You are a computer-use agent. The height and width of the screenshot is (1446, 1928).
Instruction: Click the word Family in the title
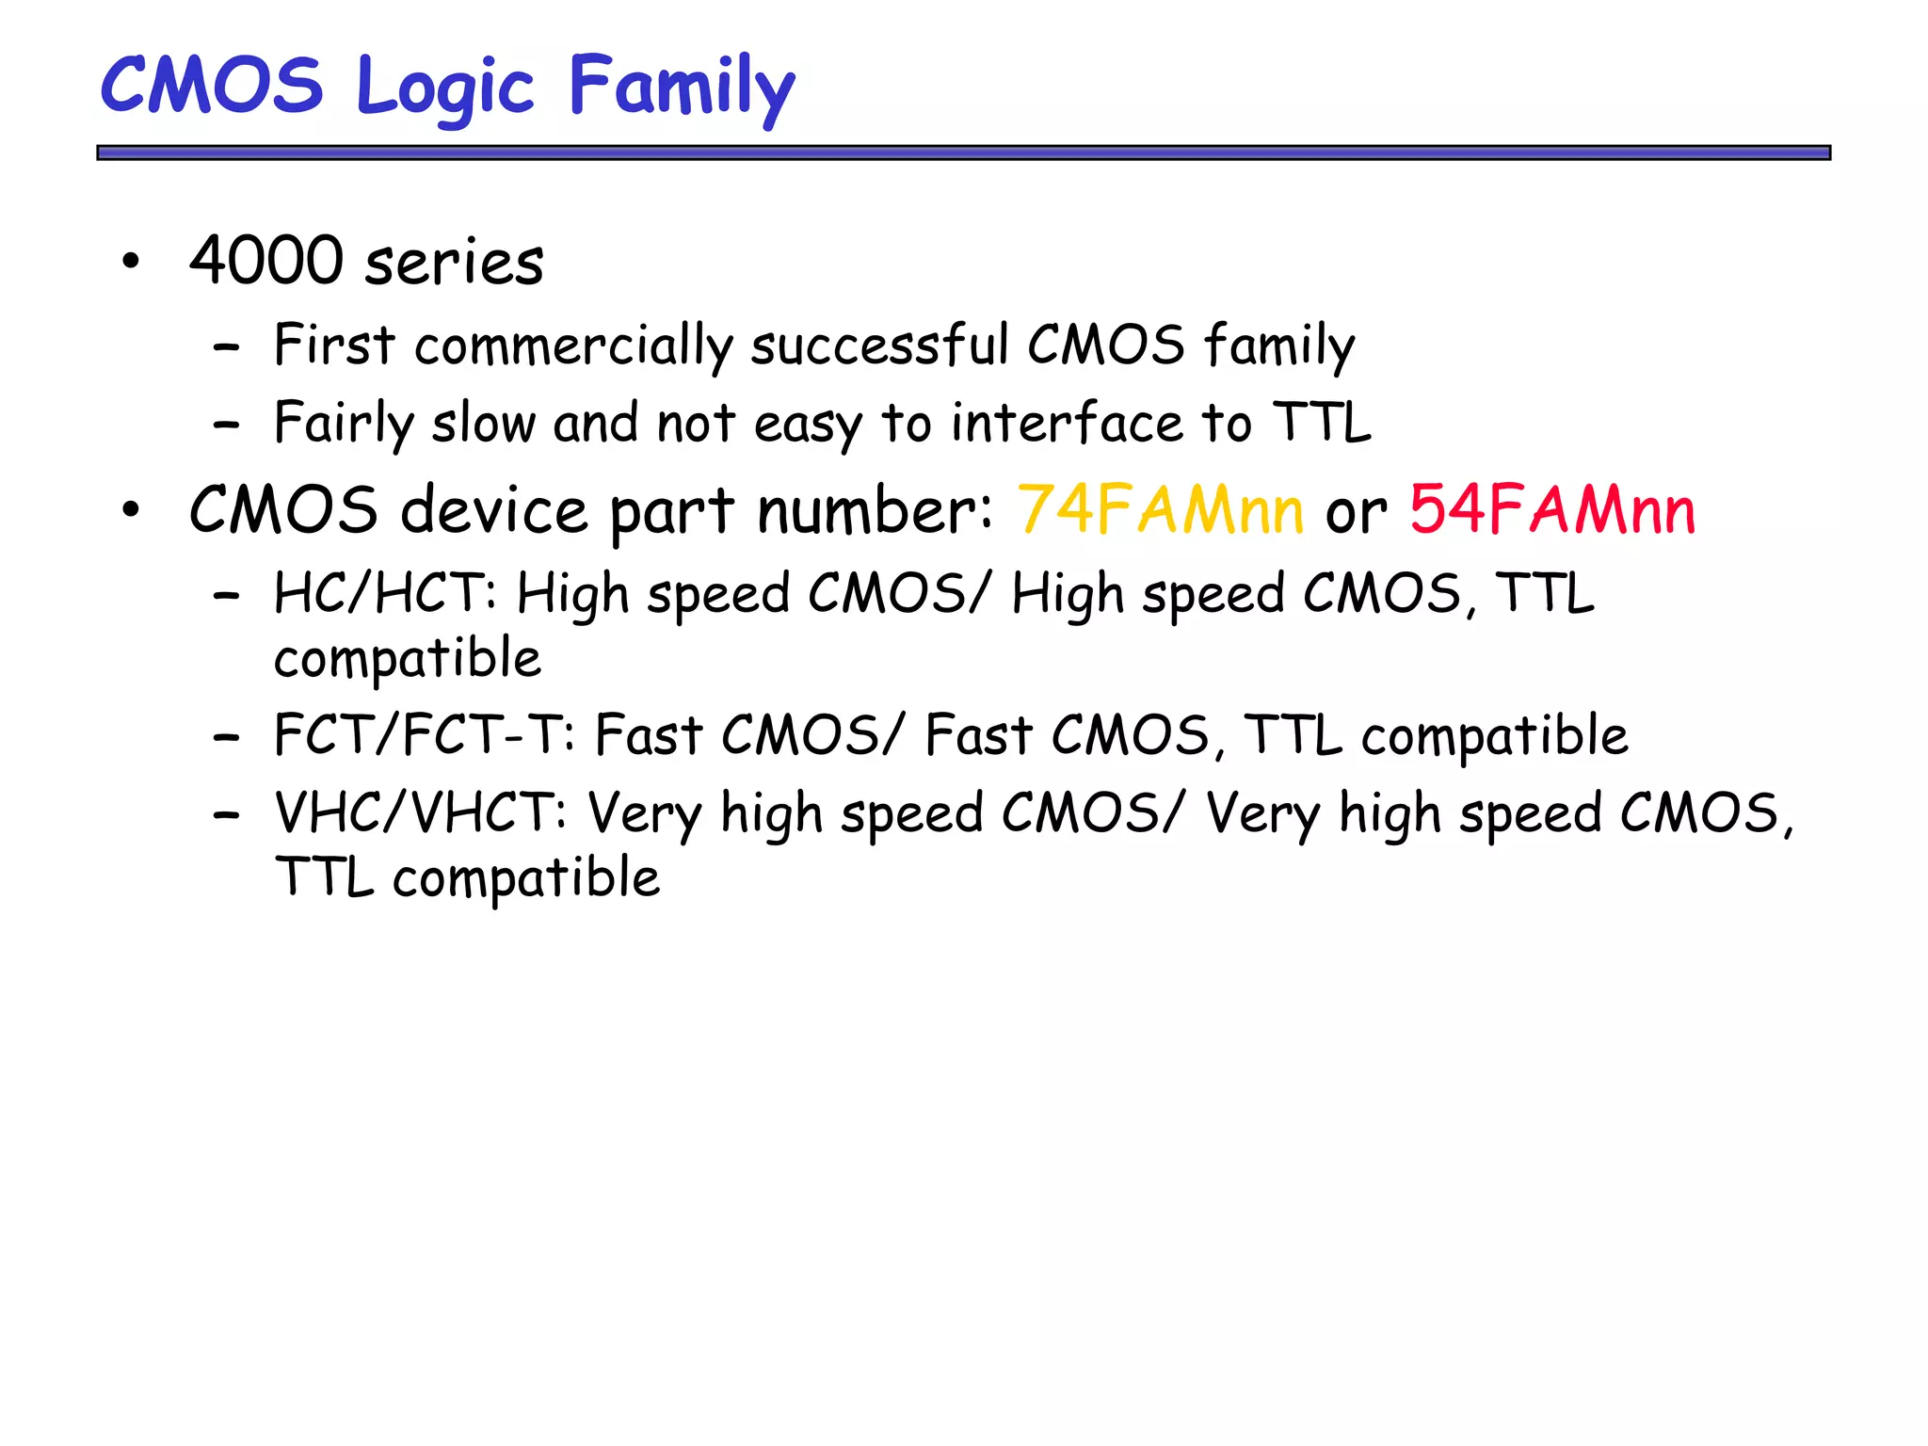682,87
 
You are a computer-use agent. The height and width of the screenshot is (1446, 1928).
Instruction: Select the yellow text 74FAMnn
1160,509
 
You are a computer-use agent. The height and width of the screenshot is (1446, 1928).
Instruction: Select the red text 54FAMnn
1551,509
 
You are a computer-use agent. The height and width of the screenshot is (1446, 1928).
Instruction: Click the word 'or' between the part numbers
1356,513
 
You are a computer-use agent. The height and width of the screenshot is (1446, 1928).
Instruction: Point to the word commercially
572,346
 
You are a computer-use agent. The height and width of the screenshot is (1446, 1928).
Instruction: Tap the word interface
1067,423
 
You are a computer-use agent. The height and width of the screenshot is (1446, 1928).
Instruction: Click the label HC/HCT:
385,595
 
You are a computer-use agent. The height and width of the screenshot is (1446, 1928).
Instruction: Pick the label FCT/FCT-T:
424,735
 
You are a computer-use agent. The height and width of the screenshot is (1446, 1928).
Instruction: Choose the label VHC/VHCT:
420,813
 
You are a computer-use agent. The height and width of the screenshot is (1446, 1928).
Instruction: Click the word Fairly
344,423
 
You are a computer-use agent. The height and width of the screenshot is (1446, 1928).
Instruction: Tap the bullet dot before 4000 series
131,261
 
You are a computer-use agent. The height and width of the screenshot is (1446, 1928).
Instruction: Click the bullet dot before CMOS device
131,510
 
